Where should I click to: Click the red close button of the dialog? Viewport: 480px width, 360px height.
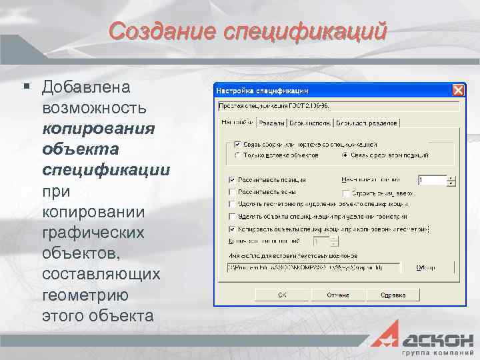458,90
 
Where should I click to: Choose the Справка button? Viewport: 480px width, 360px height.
393,294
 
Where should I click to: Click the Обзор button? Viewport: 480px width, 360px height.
425,267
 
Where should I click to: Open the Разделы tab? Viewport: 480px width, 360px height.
272,123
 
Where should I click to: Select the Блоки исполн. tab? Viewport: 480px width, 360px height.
311,123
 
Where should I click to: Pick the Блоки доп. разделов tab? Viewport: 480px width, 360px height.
367,123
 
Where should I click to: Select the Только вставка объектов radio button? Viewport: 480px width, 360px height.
237,155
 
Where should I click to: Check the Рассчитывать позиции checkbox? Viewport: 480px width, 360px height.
232,180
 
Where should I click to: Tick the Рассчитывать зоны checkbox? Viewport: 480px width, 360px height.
232,192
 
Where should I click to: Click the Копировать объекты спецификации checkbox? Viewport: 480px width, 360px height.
232,229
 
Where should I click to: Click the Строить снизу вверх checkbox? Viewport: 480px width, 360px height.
345,193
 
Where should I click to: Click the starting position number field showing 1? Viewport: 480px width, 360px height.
432,180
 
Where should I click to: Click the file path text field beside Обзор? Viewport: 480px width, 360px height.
313,267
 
